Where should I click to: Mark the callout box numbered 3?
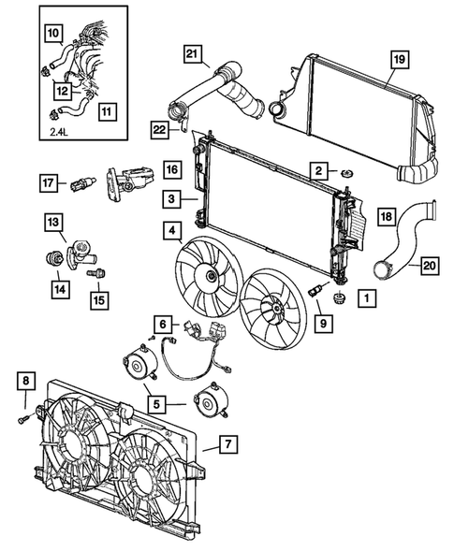pyautogui.click(x=171, y=198)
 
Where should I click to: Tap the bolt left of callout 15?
pyautogui.click(x=91, y=274)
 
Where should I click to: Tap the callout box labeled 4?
pyautogui.click(x=171, y=228)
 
